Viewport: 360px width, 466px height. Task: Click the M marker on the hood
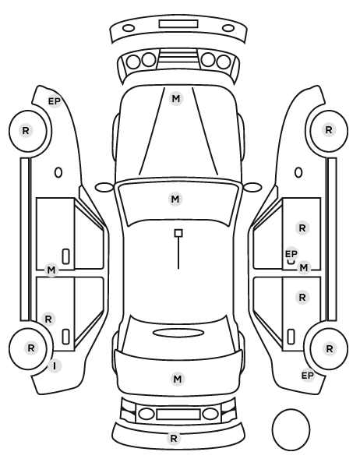click(x=176, y=99)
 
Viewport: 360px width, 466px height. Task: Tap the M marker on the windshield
click(x=175, y=199)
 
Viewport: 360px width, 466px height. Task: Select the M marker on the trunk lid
click(x=177, y=379)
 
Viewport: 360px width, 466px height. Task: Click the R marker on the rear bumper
click(x=174, y=438)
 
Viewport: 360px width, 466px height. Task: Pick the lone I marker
click(x=55, y=366)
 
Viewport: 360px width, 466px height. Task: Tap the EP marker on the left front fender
click(x=55, y=101)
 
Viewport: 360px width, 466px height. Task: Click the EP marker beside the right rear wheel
click(x=308, y=376)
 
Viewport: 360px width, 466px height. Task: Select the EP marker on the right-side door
click(x=291, y=254)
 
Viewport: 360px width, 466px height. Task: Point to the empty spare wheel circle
click(x=291, y=429)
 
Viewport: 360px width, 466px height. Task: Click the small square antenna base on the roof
click(x=178, y=233)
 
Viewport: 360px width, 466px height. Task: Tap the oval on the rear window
click(x=178, y=333)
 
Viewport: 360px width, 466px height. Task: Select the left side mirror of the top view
click(x=104, y=187)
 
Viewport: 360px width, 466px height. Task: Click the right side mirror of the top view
click(x=252, y=187)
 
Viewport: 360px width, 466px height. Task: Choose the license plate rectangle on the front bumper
click(x=178, y=24)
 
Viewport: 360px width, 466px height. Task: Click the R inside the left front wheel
click(x=26, y=130)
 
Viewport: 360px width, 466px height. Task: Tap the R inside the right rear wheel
click(x=330, y=348)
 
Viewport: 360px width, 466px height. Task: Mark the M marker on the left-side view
click(x=51, y=270)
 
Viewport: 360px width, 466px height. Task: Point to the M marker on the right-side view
click(x=304, y=268)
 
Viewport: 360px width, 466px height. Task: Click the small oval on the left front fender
click(x=58, y=172)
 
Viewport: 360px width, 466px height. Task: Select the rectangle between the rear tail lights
click(x=178, y=415)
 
